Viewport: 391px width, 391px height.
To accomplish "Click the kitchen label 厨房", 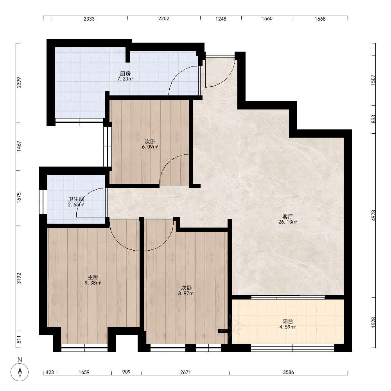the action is [x=125, y=74].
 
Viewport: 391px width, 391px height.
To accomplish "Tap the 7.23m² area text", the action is [x=126, y=79].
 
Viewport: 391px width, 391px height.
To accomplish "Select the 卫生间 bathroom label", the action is [x=76, y=199].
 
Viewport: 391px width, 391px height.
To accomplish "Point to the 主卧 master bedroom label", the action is [x=93, y=277].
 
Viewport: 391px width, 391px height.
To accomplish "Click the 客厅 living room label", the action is [x=287, y=217].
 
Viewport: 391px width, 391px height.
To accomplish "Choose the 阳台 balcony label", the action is [x=287, y=322].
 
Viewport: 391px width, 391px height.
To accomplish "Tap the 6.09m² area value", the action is [x=150, y=147].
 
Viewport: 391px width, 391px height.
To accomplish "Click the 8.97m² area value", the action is [x=186, y=294].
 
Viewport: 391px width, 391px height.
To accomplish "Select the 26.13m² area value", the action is [x=288, y=222].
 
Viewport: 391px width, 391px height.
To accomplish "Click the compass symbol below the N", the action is [x=20, y=372].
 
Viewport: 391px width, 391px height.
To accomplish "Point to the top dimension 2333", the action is [x=89, y=19].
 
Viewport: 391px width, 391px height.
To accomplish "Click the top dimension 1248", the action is [x=221, y=19].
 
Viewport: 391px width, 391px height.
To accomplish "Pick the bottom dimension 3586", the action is [x=289, y=372].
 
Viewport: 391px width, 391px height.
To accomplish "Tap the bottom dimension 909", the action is [x=126, y=372].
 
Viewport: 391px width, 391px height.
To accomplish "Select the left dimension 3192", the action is [x=19, y=278].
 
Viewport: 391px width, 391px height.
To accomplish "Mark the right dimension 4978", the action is [x=373, y=215].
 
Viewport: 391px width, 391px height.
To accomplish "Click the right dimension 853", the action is [x=373, y=119].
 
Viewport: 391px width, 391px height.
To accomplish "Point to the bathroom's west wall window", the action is [x=43, y=202].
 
